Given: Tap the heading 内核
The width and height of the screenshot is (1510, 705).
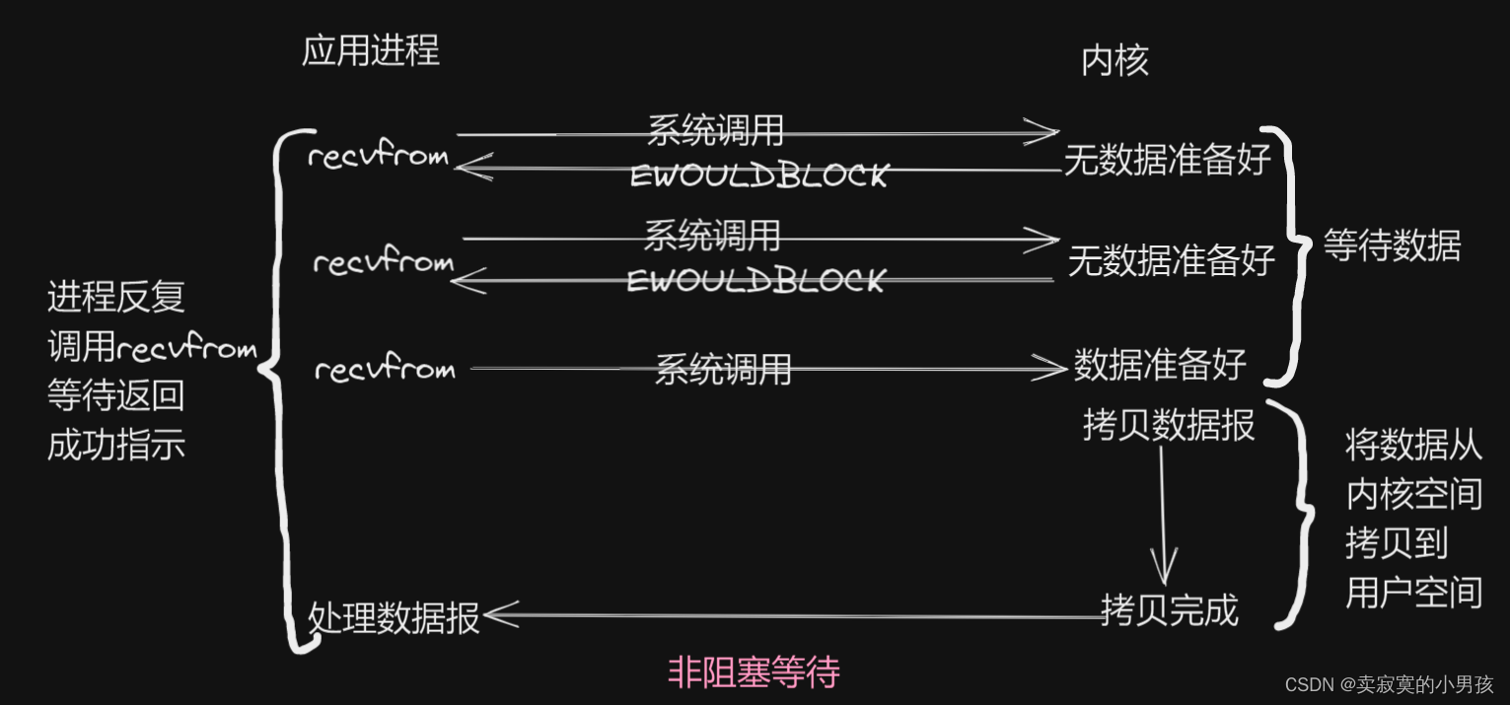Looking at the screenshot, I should coord(1115,62).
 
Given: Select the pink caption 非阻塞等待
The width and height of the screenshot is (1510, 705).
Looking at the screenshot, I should coord(754,672).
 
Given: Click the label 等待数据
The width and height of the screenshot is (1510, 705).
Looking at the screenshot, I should coord(1392,246).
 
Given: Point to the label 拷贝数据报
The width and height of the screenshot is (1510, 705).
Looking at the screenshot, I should coord(1169,426).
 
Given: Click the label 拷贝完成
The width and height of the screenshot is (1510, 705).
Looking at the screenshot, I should coord(1169,610).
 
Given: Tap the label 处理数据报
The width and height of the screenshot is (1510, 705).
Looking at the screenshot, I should coord(394,618).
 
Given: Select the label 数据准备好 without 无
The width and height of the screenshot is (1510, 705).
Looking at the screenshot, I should coord(1160,365).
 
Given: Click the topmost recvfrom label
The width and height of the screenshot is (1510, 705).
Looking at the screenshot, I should coord(378,157).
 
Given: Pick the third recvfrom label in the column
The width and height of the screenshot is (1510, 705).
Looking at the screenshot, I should coord(385,370).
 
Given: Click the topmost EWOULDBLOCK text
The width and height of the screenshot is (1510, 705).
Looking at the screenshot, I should coord(758,176).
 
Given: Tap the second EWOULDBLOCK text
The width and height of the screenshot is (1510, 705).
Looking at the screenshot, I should coord(755,281).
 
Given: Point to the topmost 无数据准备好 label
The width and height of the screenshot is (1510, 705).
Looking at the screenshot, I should coord(1166,161).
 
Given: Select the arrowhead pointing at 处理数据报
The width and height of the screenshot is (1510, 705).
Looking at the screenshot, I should coord(498,616).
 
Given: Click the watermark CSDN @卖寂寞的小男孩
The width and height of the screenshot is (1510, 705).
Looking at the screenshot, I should coord(1390,684).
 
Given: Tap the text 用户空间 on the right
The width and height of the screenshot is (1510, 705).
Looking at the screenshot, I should coord(1413,593).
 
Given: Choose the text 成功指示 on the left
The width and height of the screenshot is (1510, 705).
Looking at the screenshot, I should coord(115,446).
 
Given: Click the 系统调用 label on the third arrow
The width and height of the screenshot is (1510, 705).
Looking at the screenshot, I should coord(723,370).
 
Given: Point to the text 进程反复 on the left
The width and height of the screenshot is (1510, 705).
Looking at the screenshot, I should coord(115,297).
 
